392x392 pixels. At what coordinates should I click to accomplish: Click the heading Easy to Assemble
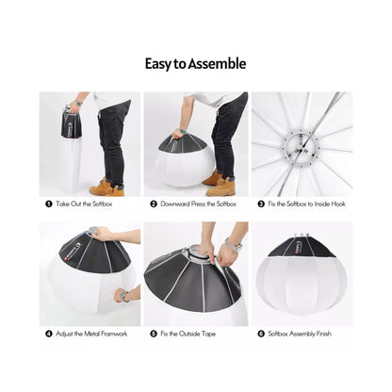coord(195,64)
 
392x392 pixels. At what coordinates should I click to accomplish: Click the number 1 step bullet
coord(48,204)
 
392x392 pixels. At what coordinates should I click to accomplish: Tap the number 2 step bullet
coord(153,204)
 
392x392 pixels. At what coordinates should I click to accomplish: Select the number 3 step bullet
coord(261,204)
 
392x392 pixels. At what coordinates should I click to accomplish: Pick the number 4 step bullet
coord(48,334)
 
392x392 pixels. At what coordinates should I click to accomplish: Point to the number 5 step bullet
coord(153,334)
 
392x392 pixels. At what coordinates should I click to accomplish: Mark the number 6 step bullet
coord(261,334)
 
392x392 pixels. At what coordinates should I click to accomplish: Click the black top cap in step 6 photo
coord(301,248)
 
